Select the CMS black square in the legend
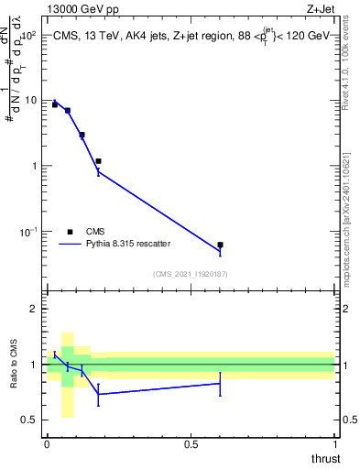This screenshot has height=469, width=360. (x=70, y=232)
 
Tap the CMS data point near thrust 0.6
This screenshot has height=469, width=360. (x=220, y=245)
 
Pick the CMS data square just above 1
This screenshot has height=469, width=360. (x=98, y=161)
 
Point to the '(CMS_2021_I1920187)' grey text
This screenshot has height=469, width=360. (x=191, y=274)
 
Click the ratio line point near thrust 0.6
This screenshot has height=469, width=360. (x=220, y=383)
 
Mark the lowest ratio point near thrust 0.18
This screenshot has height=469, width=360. (x=98, y=394)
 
